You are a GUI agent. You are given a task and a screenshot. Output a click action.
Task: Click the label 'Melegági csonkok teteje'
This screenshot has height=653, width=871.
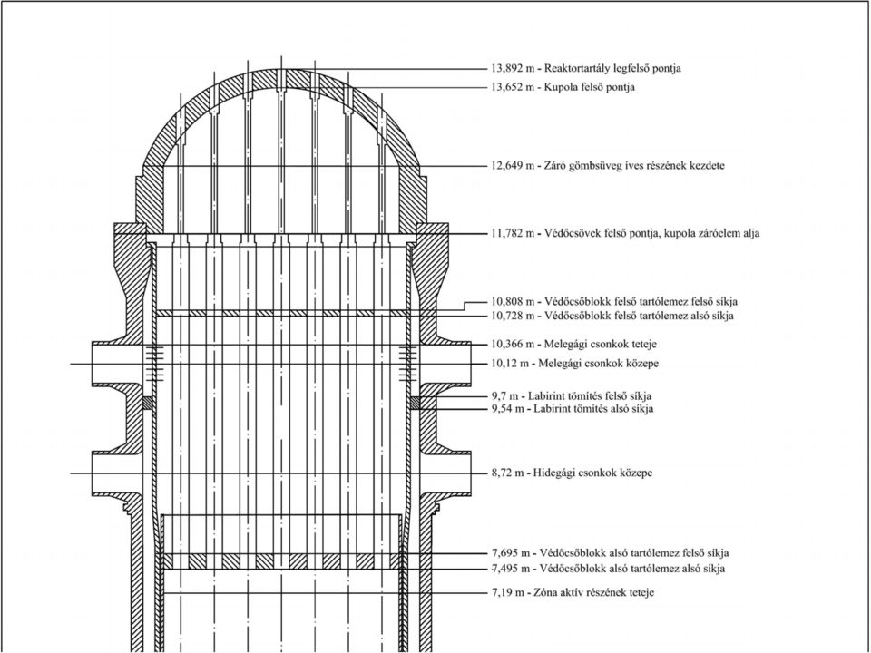point(601,345)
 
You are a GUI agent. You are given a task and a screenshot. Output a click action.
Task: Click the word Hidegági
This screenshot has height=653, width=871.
point(553,473)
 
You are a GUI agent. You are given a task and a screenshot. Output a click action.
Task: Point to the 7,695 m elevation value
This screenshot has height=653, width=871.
point(509,553)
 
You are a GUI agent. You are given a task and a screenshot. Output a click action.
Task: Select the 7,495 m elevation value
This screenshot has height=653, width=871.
point(509,569)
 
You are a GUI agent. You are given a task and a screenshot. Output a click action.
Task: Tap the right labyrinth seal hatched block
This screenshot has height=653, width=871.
point(415,403)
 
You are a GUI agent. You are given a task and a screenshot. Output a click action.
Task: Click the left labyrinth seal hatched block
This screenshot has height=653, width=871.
point(147,403)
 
